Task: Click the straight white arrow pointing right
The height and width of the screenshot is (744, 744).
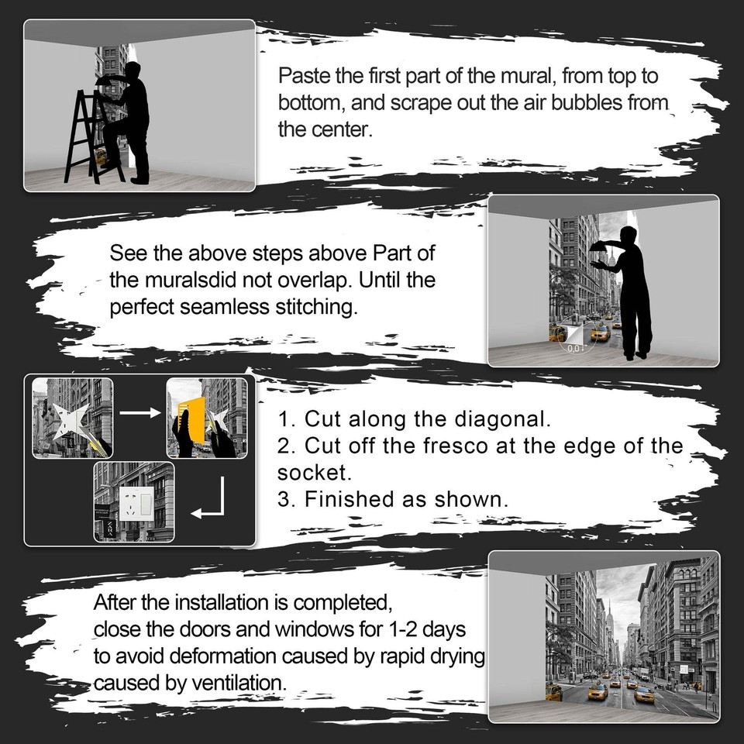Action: coord(139,413)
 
